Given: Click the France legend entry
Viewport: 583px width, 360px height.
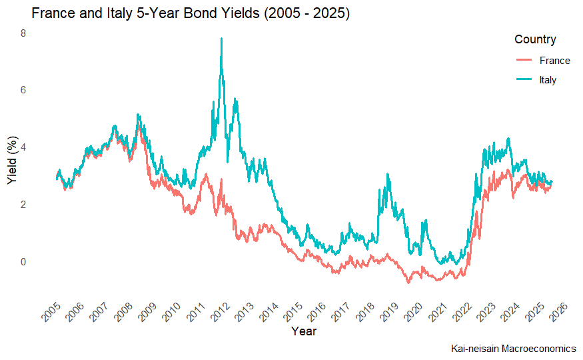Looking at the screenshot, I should [x=554, y=61].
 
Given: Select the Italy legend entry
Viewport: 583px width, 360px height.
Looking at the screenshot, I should [x=547, y=80].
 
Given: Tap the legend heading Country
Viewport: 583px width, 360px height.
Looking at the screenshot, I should [x=535, y=40].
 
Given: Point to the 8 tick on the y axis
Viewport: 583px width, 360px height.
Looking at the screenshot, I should [x=23, y=33].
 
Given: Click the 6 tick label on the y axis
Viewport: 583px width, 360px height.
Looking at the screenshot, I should [x=23, y=90].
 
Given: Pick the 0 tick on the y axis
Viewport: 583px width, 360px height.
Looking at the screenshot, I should [x=23, y=262].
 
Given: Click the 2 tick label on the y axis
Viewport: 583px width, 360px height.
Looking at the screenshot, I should [x=23, y=205].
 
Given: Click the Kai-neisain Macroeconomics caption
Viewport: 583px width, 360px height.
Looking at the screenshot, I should [x=513, y=349].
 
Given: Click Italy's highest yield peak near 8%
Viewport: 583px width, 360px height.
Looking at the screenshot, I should [x=221, y=39].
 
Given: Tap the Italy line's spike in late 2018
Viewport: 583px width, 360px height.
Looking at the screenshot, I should [x=388, y=175].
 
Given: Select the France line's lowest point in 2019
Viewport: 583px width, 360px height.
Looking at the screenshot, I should [x=408, y=283].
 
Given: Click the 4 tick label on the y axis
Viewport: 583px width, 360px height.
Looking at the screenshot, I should [x=23, y=147].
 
